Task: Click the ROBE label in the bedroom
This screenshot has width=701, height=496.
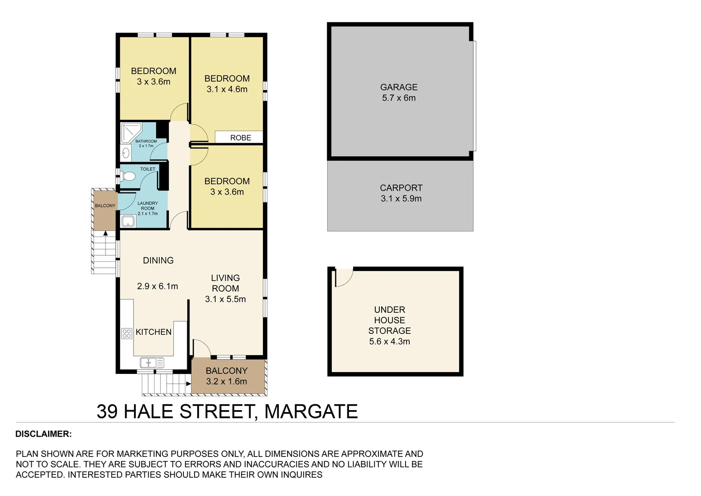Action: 240,138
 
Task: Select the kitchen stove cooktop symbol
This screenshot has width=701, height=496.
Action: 127,333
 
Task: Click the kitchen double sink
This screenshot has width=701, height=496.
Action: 152,363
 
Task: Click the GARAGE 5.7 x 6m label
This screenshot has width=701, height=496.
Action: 399,92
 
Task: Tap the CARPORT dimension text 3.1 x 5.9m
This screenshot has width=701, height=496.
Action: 401,199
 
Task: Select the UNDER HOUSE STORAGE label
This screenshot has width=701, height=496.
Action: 389,320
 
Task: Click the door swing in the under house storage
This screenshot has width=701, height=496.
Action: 343,276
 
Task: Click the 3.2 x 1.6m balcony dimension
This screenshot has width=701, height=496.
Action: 227,382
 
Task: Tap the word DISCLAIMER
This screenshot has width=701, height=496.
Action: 44,434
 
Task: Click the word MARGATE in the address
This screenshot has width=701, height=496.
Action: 311,411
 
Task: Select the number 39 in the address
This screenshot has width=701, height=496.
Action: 107,411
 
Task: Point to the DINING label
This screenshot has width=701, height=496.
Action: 158,260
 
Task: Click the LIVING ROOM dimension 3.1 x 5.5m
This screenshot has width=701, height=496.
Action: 225,299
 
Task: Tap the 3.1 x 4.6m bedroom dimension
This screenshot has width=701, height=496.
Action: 227,90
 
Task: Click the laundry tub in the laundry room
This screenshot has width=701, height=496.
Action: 128,222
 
